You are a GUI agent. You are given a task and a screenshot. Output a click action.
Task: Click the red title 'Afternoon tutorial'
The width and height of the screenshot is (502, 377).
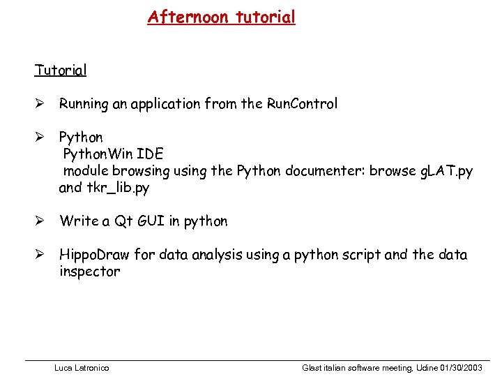coord(221,17)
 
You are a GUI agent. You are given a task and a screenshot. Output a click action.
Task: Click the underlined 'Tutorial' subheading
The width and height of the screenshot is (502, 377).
coord(61,71)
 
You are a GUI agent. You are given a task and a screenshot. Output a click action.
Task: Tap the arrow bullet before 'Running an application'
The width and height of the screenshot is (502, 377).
coord(40,105)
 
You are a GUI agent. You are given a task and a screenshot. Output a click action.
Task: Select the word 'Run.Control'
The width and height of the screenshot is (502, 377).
coord(302,104)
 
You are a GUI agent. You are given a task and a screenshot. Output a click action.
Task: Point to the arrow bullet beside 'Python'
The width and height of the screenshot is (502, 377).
coord(40,138)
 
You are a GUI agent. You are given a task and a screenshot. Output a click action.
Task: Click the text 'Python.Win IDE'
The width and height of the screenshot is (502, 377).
coord(113,154)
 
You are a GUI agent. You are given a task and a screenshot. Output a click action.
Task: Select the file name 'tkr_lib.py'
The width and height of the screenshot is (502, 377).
coord(116,188)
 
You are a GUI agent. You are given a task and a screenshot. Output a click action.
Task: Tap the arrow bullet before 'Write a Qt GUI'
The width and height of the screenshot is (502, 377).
coord(40,221)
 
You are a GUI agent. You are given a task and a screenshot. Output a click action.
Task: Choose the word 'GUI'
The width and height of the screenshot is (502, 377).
coord(148,221)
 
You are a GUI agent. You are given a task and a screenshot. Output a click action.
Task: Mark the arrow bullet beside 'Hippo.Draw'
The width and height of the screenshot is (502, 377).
coord(40,255)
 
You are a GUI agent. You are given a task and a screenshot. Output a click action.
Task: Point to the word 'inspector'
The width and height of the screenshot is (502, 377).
coord(89,272)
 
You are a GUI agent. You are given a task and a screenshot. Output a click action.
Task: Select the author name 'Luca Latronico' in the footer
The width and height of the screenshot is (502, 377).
coord(82,367)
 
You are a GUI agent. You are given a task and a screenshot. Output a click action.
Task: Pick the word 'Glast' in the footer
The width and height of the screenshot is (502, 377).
coord(313,367)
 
